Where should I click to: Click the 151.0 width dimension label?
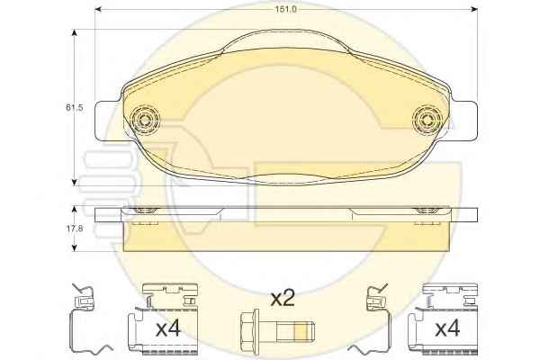(x=286, y=9)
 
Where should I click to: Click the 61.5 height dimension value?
(x=75, y=107)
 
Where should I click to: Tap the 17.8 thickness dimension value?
(x=75, y=228)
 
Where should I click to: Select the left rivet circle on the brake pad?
(x=145, y=119)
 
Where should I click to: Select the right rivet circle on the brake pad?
(x=427, y=119)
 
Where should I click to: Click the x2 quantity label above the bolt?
(x=283, y=298)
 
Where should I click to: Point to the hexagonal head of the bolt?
(x=249, y=326)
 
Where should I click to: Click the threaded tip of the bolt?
(x=305, y=332)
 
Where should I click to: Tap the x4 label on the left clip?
(x=168, y=329)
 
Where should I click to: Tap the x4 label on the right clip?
(x=447, y=329)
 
